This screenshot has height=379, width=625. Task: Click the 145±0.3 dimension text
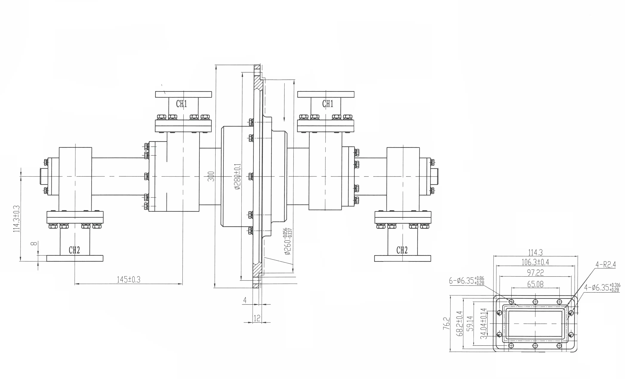[x=128, y=280]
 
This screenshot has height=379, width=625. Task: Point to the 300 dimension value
[x=211, y=176]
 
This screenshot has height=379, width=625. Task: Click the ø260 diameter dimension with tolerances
[x=288, y=241]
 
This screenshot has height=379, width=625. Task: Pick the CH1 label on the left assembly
[x=182, y=104]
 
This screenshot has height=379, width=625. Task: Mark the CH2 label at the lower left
[x=74, y=250]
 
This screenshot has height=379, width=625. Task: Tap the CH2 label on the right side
[x=402, y=250]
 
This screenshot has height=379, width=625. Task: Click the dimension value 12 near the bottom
[x=257, y=318]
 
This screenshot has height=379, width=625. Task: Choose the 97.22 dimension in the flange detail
[x=535, y=273]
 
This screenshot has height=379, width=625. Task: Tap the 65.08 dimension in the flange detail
[x=535, y=284]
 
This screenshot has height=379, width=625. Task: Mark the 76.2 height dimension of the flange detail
[x=446, y=324]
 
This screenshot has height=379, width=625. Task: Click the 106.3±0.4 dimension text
[x=535, y=262]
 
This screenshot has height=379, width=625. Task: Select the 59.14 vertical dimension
[x=470, y=324]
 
